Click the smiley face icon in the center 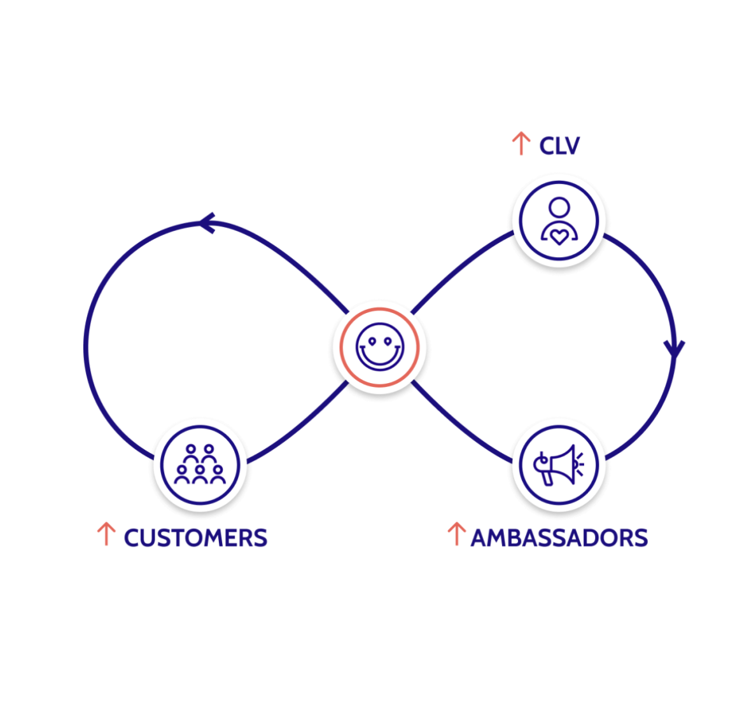[379, 347]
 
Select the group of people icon [200, 465]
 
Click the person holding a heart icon [559, 221]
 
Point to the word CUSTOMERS [195, 538]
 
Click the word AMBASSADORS [559, 538]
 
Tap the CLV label [559, 146]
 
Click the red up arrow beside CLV [521, 144]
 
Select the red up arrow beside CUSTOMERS [106, 534]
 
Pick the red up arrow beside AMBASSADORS [456, 534]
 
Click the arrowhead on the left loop [207, 223]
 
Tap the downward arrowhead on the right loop [674, 349]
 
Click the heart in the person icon [559, 237]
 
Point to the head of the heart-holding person [559, 207]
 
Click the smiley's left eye [371, 340]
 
